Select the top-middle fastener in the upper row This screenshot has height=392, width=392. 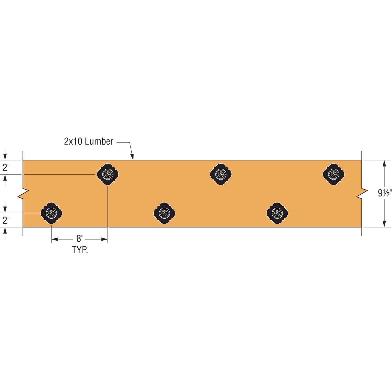tap(221, 174)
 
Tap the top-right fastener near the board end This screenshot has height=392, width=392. tap(333, 174)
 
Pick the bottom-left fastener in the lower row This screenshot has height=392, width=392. tap(51, 213)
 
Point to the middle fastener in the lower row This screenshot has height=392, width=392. tap(164, 213)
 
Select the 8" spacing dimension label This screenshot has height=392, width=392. tap(80, 239)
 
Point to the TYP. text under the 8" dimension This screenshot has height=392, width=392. tap(80, 250)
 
